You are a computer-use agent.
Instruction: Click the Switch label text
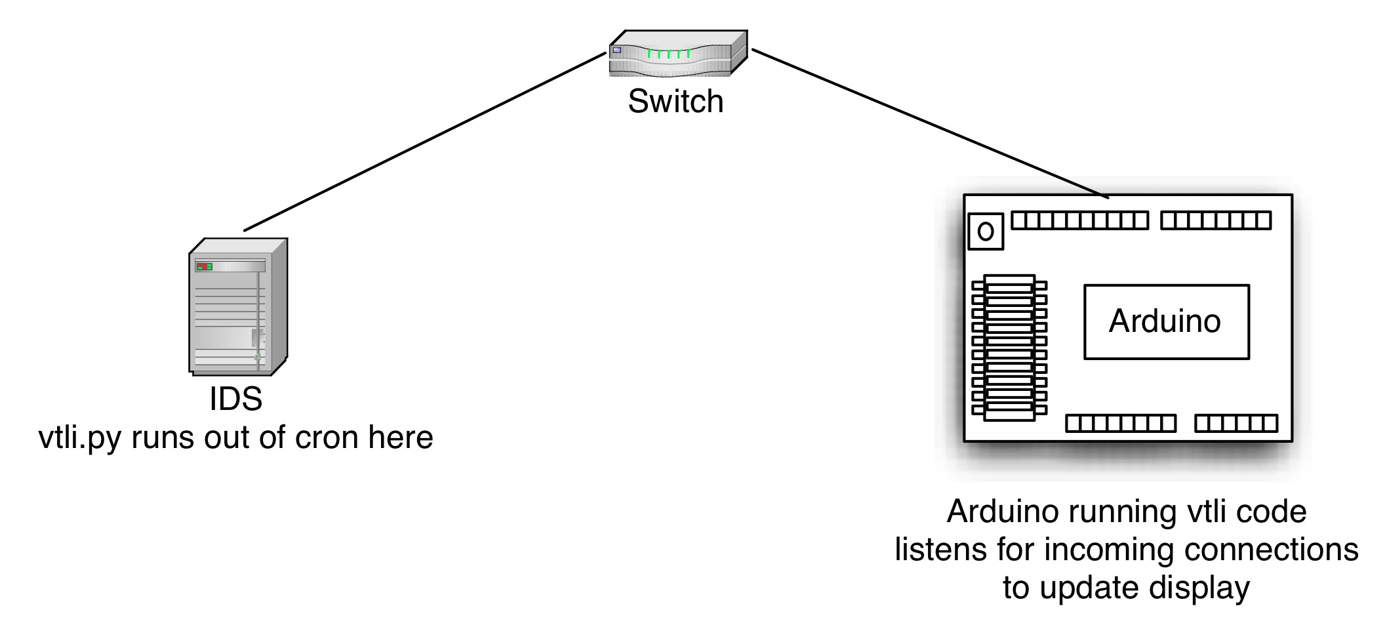(675, 102)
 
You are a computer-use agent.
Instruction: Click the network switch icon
(677, 52)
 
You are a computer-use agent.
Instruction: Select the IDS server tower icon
(238, 306)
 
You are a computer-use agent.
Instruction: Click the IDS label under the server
(236, 399)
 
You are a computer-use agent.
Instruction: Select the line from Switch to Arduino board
(930, 123)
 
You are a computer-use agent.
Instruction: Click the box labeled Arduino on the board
(1166, 321)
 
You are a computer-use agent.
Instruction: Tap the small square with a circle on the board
(986, 232)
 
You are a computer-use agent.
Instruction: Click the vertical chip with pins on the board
(1009, 348)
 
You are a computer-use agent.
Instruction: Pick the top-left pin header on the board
(1079, 220)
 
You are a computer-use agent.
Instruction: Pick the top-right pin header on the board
(1215, 220)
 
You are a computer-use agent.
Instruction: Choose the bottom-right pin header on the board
(1235, 424)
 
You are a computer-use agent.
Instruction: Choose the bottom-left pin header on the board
(1120, 424)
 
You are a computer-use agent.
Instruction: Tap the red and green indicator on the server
(204, 267)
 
